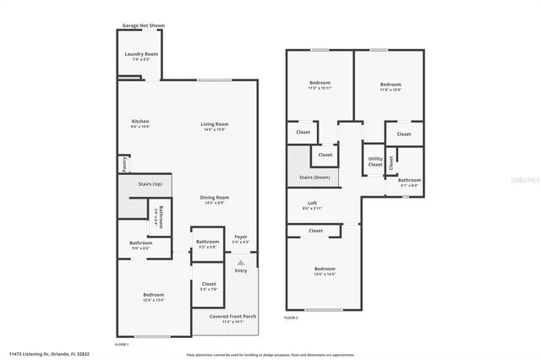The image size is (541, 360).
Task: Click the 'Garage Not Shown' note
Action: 143,26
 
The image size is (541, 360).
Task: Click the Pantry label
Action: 123,161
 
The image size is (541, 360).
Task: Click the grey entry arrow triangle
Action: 240,263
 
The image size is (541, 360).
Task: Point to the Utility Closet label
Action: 374,162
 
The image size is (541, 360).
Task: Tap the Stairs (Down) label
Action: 314,177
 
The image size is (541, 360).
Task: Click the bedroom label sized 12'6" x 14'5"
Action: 325,271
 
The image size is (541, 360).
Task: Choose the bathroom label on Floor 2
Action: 409,181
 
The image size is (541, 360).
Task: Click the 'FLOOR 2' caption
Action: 291,318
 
